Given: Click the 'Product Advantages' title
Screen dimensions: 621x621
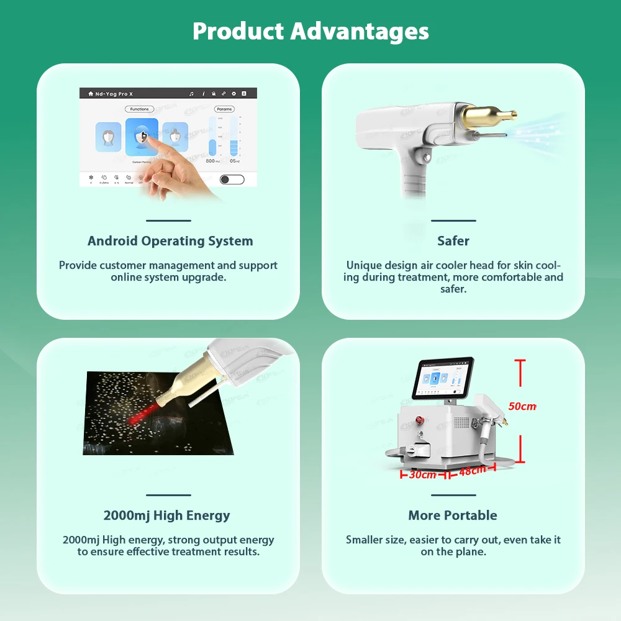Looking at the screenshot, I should [310, 31].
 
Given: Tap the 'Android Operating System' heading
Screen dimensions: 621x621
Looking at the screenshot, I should [170, 241].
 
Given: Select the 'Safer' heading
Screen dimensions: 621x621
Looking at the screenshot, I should [453, 241].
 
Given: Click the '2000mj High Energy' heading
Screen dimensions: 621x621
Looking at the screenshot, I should [166, 515].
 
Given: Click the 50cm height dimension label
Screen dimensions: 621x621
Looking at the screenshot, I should [522, 406].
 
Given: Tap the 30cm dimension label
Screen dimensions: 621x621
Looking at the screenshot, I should [423, 474].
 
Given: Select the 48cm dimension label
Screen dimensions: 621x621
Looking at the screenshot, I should [472, 471].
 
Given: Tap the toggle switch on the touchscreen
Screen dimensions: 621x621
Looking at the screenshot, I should [232, 179].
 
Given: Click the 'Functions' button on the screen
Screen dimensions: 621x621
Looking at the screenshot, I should [140, 109].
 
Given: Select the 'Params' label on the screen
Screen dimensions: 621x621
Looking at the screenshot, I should [224, 109].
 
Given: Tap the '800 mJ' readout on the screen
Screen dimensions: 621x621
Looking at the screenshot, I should [212, 161].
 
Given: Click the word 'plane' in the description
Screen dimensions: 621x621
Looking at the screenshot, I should [471, 551].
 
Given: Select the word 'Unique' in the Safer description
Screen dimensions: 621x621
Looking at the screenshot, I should [363, 265].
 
